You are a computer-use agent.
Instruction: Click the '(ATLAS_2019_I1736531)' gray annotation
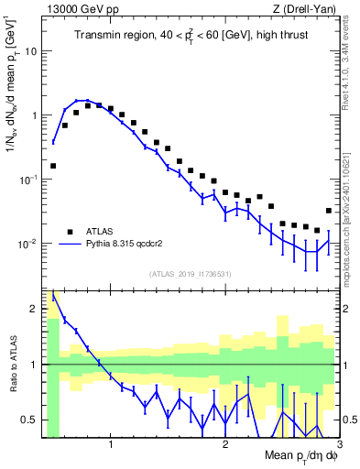coord(191,274)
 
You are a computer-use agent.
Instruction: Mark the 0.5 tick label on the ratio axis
coord(29,420)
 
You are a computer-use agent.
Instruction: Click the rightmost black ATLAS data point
coord(329,211)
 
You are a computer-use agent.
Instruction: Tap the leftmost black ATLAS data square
coord(53,166)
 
